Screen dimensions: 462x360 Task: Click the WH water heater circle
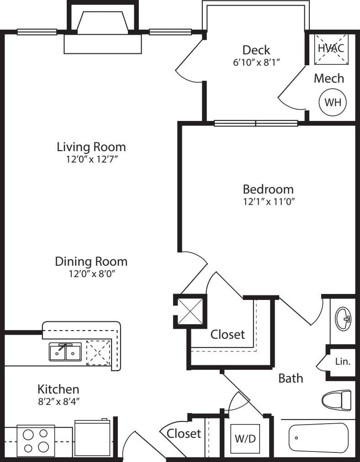click(333, 102)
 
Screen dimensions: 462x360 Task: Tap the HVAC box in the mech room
click(330, 48)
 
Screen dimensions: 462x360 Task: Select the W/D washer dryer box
click(245, 439)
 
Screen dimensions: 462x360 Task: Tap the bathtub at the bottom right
click(318, 437)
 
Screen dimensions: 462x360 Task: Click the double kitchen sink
click(65, 352)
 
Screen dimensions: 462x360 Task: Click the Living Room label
click(91, 147)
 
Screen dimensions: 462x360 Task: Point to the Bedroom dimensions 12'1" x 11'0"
click(268, 201)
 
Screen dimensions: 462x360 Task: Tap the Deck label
click(256, 50)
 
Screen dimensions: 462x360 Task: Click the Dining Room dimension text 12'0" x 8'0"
click(91, 274)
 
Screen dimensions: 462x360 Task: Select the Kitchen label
click(58, 389)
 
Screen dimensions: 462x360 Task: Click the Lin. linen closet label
click(343, 362)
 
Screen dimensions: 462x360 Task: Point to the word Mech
click(328, 78)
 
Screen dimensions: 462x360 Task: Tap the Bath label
click(291, 378)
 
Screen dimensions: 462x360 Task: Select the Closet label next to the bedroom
click(228, 334)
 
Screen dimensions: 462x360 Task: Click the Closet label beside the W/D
click(184, 433)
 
